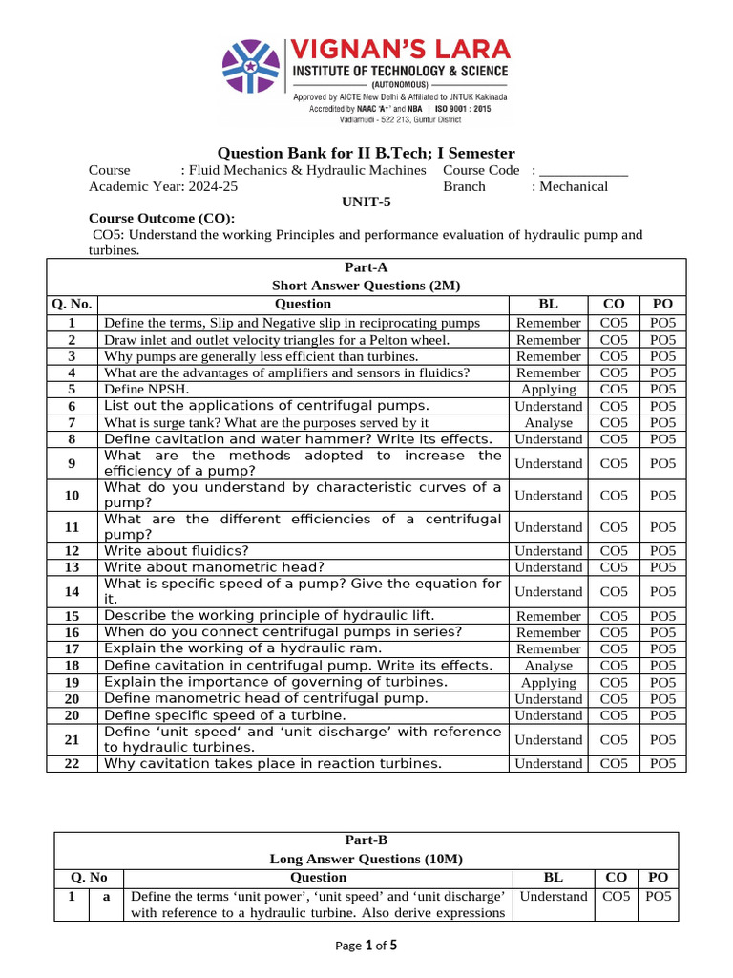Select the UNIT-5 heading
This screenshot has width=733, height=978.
366,202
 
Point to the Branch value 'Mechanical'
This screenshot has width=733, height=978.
574,186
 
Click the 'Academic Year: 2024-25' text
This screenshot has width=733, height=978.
163,186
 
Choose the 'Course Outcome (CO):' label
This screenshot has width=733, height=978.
160,218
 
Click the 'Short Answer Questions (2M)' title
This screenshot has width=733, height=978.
366,285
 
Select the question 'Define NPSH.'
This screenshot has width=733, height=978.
147,389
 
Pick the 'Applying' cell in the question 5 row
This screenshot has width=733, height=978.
548,389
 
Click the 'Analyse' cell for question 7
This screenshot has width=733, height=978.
548,422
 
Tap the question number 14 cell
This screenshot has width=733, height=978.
73,591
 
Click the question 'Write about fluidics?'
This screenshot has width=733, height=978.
176,550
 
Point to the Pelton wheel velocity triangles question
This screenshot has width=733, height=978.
276,339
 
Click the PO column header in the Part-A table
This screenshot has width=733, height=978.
661,304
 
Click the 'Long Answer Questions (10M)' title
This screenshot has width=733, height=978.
366,859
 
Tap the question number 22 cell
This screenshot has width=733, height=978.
73,763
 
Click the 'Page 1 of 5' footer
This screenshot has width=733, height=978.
366,946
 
